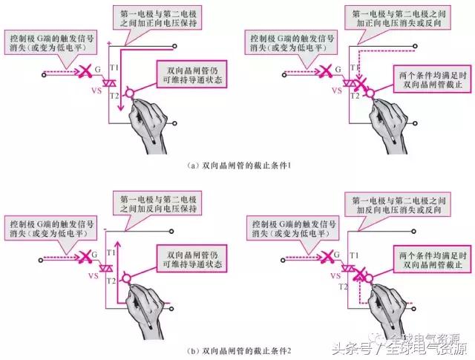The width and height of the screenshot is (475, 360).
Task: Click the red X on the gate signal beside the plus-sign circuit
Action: pyautogui.click(x=85, y=73)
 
